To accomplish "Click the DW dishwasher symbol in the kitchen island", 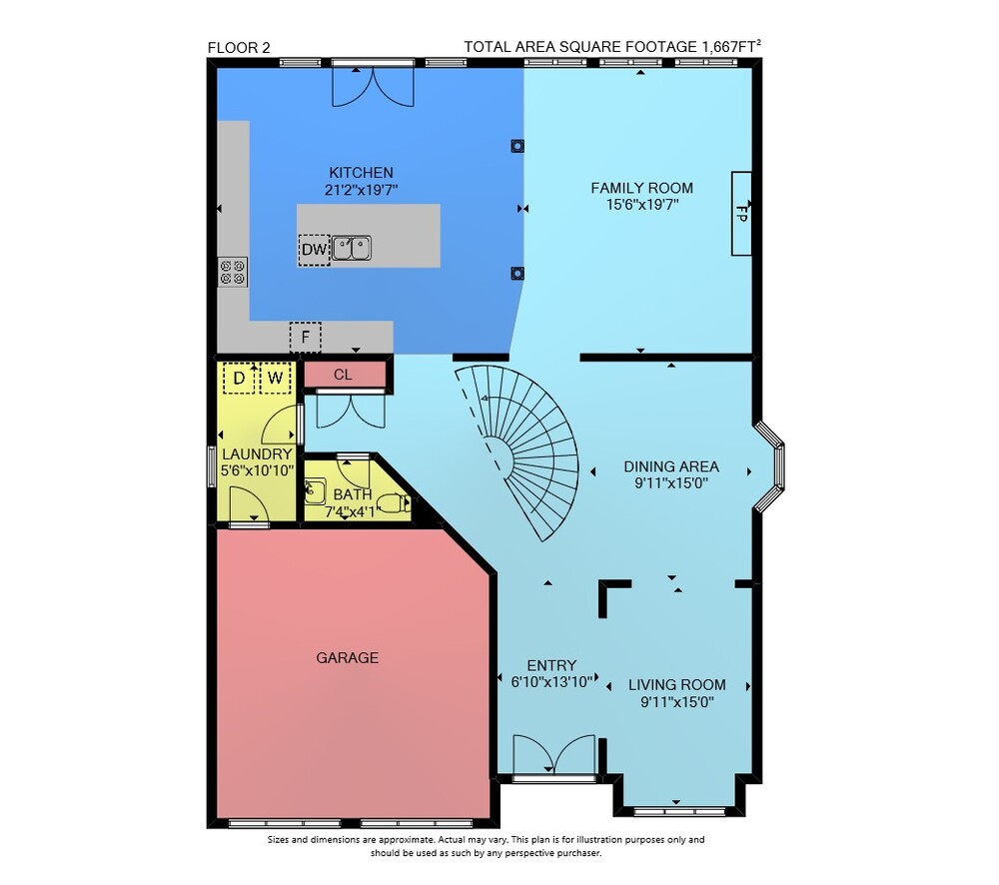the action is pyautogui.click(x=314, y=250).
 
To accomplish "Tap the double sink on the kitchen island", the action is pyautogui.click(x=352, y=248).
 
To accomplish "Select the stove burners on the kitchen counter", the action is pyautogui.click(x=233, y=272).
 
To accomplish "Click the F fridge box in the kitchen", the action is pyautogui.click(x=305, y=337).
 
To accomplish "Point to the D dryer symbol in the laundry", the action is pyautogui.click(x=239, y=378).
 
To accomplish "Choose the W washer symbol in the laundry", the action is pyautogui.click(x=276, y=378).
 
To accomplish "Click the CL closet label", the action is pyautogui.click(x=343, y=375).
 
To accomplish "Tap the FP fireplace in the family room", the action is pyautogui.click(x=741, y=214).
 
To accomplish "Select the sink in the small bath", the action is pyautogui.click(x=315, y=491).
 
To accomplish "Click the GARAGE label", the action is pyautogui.click(x=348, y=657).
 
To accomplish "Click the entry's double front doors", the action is pyautogui.click(x=554, y=756).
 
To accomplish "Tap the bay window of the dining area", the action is pyautogui.click(x=771, y=466).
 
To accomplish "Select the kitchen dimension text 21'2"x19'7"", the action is pyautogui.click(x=362, y=189).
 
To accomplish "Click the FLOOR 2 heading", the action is pyautogui.click(x=239, y=48).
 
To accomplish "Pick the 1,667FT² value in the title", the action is pyautogui.click(x=731, y=47).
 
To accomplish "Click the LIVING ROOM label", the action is pyautogui.click(x=677, y=685).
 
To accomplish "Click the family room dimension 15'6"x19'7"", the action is pyautogui.click(x=642, y=205).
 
